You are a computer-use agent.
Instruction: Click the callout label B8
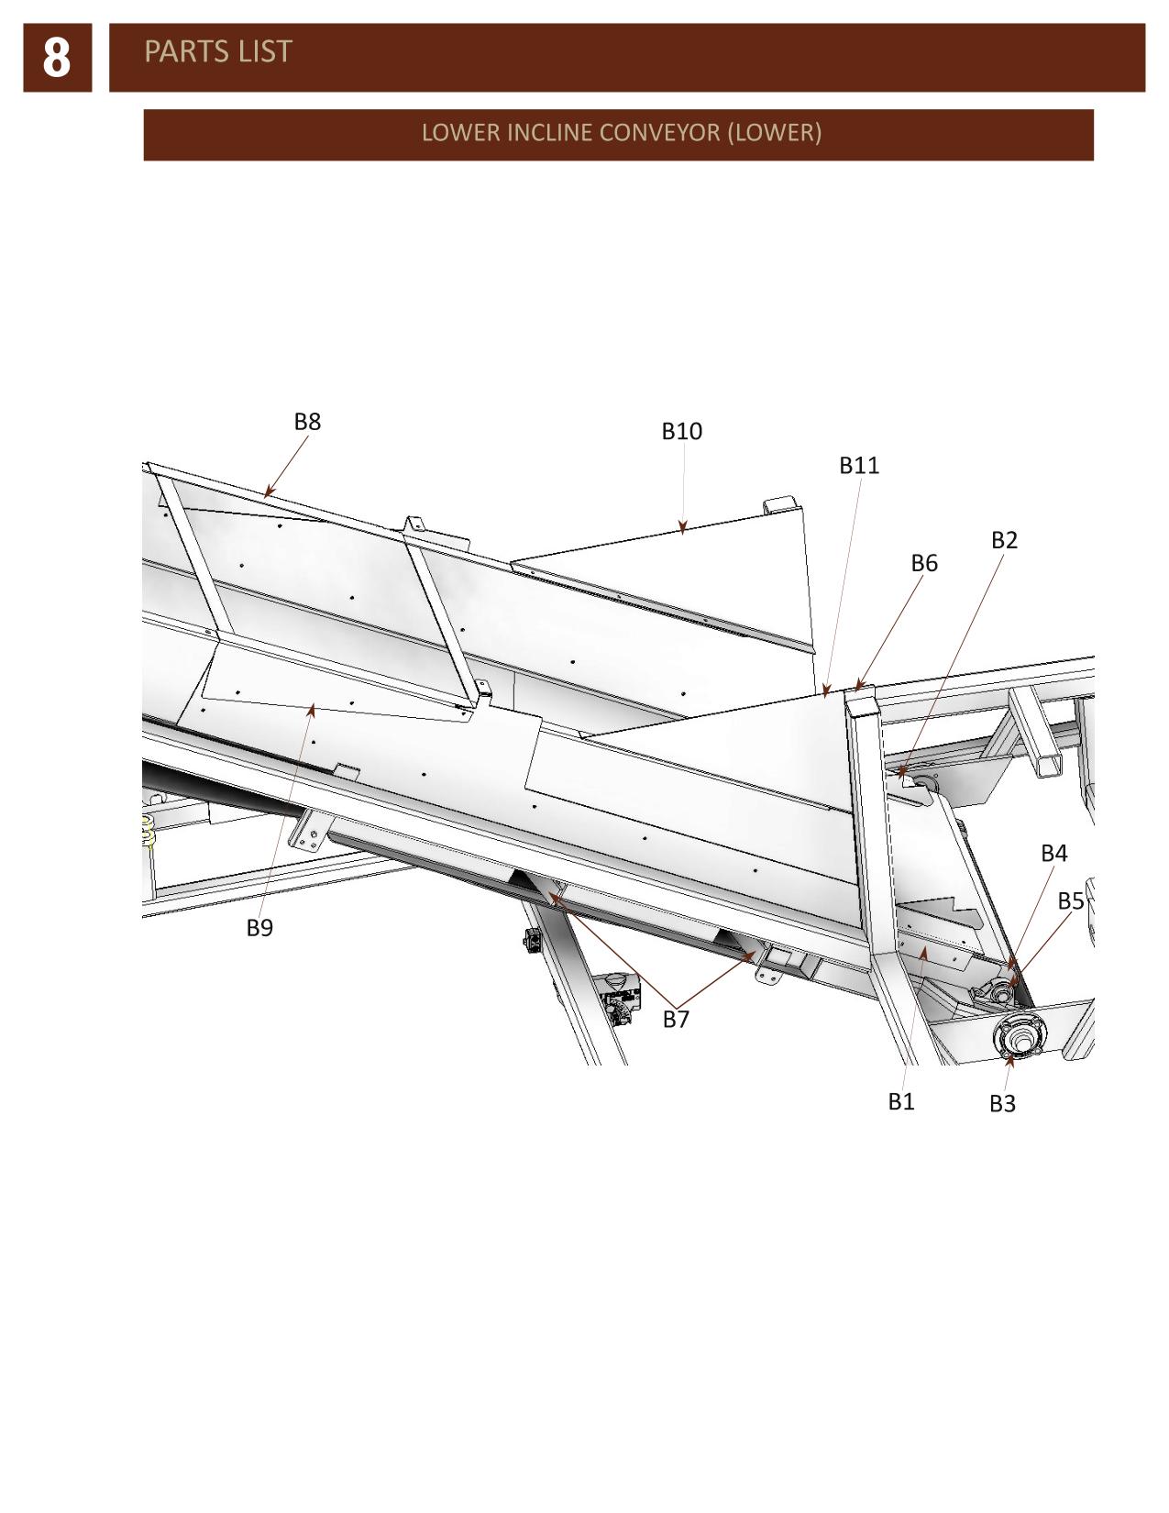(307, 421)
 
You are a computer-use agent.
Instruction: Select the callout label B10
(681, 431)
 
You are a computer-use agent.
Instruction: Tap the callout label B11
(859, 465)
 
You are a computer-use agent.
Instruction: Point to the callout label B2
(1004, 539)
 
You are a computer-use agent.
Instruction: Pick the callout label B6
(924, 563)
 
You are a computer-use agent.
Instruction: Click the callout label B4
(1053, 853)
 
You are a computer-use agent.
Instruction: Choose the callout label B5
(1071, 901)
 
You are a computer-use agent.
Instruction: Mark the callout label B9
(259, 927)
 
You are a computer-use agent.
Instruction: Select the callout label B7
(676, 1020)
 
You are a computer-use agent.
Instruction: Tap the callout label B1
(901, 1101)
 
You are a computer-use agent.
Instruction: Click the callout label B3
(1003, 1104)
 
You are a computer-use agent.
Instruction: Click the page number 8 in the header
(57, 58)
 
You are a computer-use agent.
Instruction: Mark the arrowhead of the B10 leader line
(683, 528)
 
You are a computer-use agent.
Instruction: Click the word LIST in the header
(265, 51)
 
